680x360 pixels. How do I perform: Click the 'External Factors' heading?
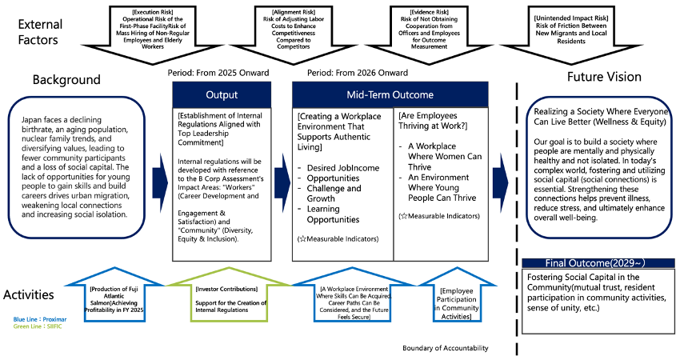(40, 33)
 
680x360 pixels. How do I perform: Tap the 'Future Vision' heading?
(604, 77)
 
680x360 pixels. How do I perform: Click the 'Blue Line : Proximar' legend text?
(41, 319)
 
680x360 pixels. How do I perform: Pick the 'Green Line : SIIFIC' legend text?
(38, 327)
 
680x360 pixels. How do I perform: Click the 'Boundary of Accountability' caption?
(446, 349)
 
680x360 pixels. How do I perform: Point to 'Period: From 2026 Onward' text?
(352, 73)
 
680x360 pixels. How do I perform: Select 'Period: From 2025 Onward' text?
(218, 73)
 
